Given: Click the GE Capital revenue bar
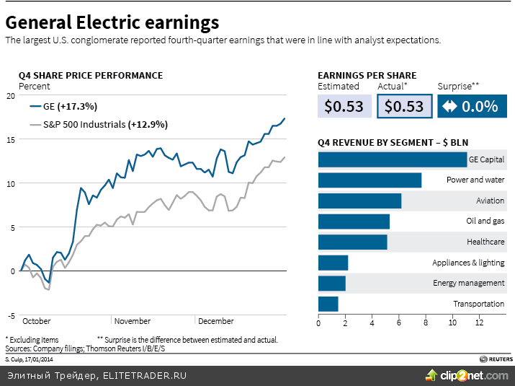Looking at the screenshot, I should coord(393,159).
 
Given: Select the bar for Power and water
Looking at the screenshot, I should coord(370,180).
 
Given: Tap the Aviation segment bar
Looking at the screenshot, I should coord(359,201).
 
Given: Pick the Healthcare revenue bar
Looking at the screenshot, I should coord(352,242).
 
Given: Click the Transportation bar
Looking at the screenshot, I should coord(328,304).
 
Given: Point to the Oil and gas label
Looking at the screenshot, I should coord(485,221).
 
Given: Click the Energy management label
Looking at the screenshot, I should coord(468,283).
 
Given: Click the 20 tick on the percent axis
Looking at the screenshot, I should coord(9,96).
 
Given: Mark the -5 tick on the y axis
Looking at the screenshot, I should coord(9,316).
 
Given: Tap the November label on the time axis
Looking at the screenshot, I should coord(133,321).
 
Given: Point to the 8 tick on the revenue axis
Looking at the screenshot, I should coord(426,323).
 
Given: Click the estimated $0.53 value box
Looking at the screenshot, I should coord(344,107).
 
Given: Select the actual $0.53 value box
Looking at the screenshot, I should coord(404,107).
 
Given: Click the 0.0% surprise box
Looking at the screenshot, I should coord(472,107).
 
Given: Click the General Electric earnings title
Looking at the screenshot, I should coord(112,22).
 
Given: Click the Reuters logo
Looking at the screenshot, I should coord(496,359).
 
